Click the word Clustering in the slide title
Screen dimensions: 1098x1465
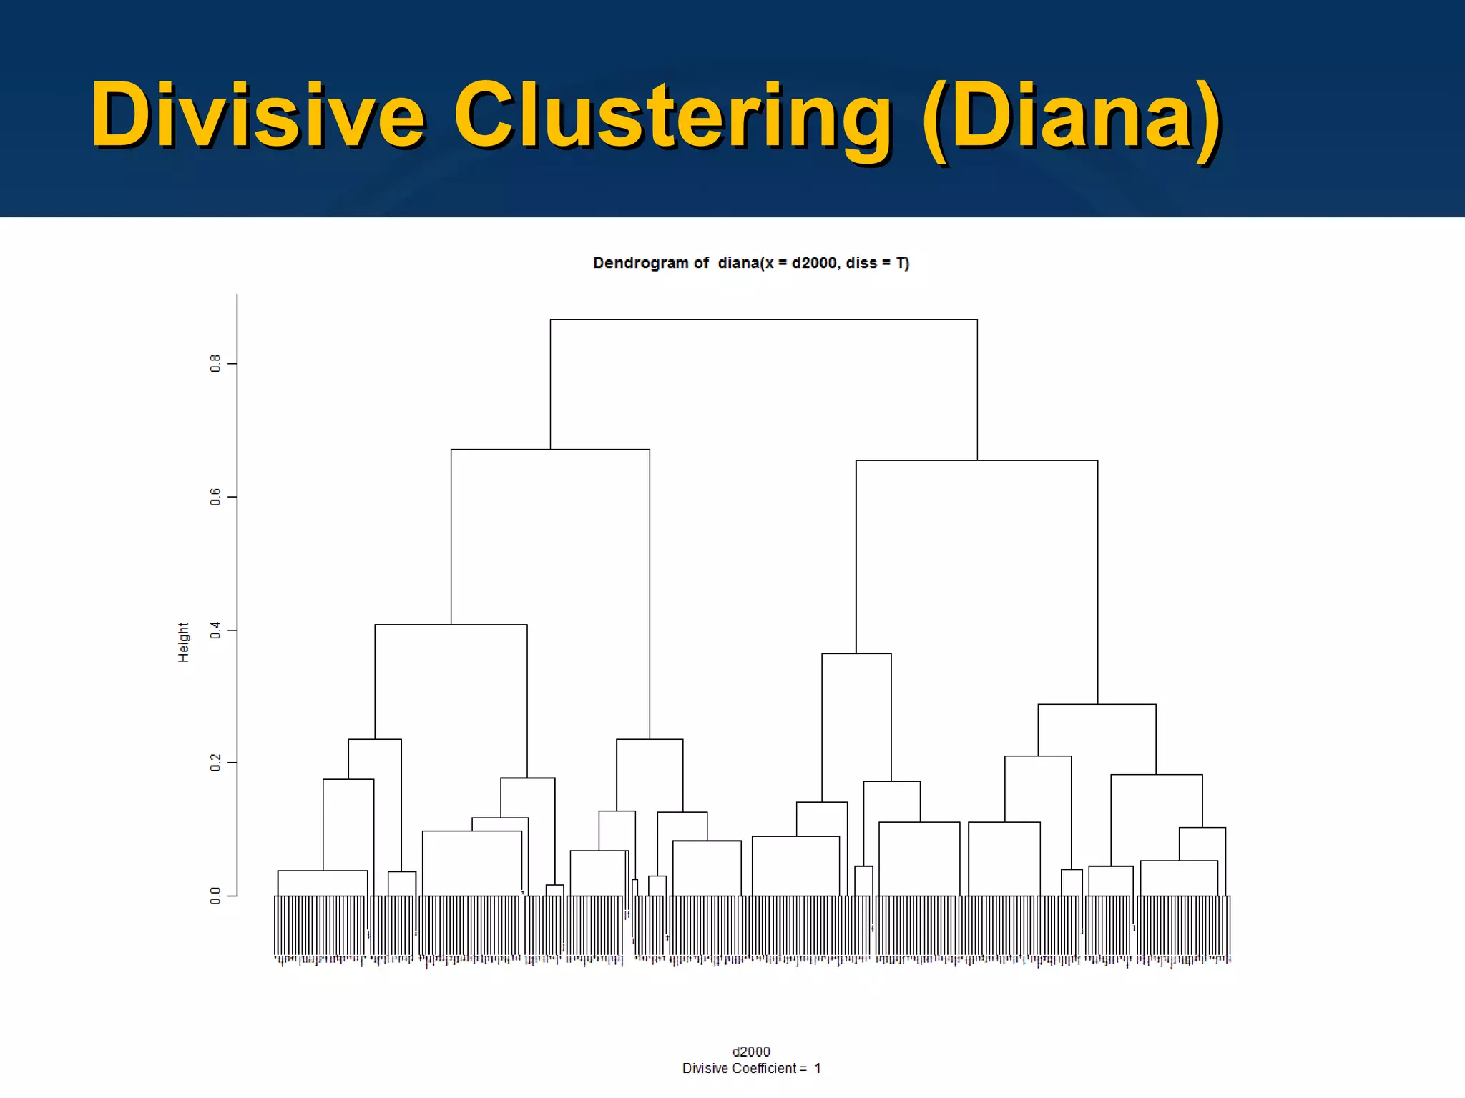pyautogui.click(x=672, y=116)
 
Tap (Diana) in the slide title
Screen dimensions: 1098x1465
pyautogui.click(x=1072, y=116)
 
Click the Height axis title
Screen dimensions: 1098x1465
pyautogui.click(x=184, y=642)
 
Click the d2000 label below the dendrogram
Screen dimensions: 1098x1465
pyautogui.click(x=751, y=1052)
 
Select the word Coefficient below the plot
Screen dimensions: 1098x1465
pyautogui.click(x=765, y=1069)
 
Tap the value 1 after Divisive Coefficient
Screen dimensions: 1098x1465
pyautogui.click(x=818, y=1069)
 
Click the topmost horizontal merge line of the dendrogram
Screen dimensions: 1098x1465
pyautogui.click(x=763, y=320)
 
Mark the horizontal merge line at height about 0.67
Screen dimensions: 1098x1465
pyautogui.click(x=550, y=450)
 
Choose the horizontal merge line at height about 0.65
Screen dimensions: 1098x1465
pyautogui.click(x=976, y=460)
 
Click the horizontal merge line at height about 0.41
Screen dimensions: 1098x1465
pyautogui.click(x=451, y=625)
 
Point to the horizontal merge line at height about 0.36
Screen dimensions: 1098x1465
pyautogui.click(x=856, y=653)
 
